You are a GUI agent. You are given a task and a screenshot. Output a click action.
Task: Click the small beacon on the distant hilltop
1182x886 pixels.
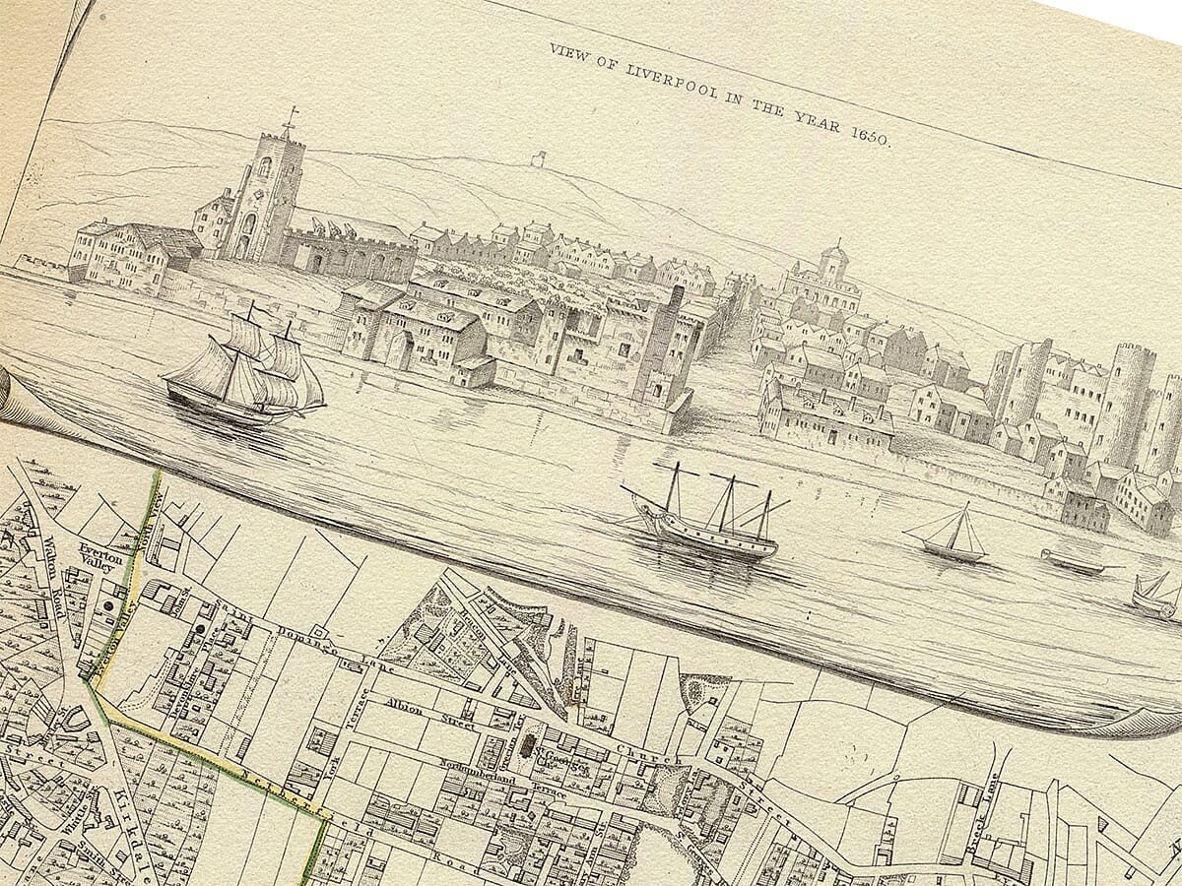(538, 158)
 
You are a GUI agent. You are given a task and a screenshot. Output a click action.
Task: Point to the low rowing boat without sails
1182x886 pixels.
(1075, 562)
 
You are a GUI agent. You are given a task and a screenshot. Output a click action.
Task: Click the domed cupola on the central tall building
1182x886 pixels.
(834, 254)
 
